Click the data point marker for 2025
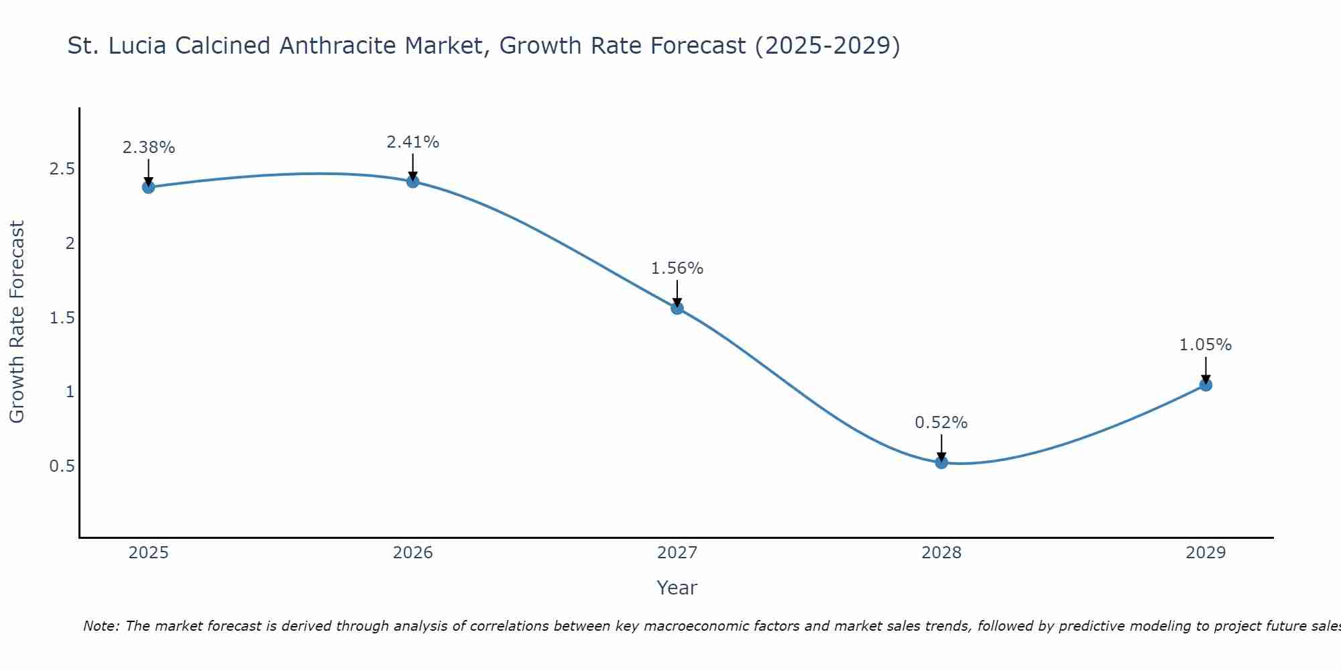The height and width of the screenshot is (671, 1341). (x=148, y=187)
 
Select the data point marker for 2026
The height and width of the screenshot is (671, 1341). (x=412, y=182)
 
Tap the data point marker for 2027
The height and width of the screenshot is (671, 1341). (x=677, y=308)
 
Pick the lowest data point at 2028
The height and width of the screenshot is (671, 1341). (x=941, y=462)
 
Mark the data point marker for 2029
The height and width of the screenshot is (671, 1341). (x=1206, y=385)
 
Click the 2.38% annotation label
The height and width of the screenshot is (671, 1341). (x=148, y=148)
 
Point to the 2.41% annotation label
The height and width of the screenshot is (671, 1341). (x=412, y=142)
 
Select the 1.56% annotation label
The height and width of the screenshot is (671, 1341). (x=677, y=268)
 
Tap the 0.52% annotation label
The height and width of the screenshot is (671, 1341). (x=941, y=423)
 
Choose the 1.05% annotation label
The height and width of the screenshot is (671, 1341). (x=1206, y=345)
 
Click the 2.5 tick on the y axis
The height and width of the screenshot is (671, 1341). (x=62, y=169)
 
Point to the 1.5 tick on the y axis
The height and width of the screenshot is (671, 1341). (x=62, y=317)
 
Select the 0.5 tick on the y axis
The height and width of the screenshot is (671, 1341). (x=62, y=466)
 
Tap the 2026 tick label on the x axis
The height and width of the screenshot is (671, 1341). (x=412, y=553)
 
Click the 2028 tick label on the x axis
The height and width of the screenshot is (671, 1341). (x=941, y=553)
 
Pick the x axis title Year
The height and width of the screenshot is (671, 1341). (x=677, y=588)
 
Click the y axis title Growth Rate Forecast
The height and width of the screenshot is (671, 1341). (x=17, y=322)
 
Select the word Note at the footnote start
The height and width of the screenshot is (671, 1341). (x=100, y=626)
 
